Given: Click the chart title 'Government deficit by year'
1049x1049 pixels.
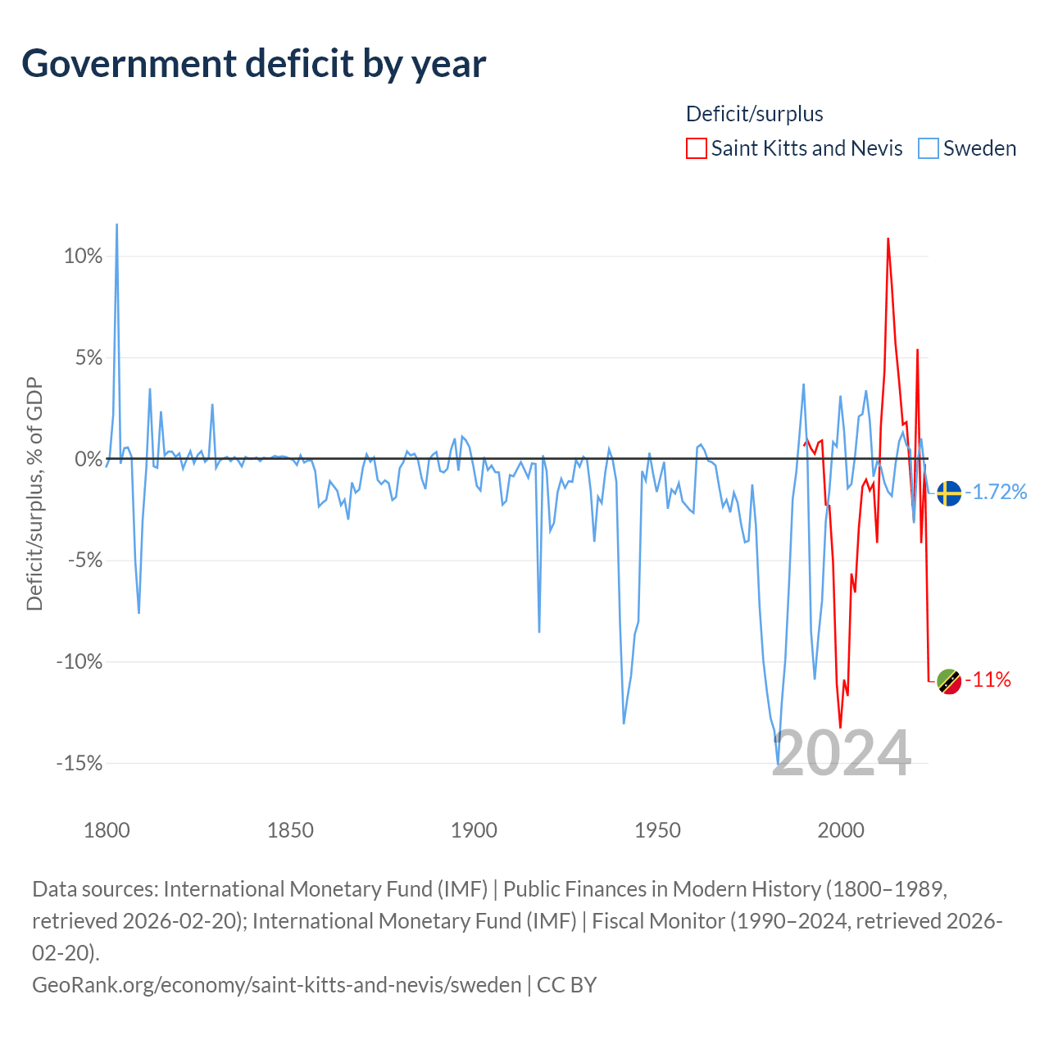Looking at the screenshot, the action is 253,64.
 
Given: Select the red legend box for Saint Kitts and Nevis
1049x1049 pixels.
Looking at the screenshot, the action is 697,148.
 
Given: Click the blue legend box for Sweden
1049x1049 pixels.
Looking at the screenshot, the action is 929,148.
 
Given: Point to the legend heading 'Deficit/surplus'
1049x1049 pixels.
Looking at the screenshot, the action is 754,114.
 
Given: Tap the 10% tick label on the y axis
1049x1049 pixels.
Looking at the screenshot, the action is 83,256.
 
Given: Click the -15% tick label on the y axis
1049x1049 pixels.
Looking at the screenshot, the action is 79,763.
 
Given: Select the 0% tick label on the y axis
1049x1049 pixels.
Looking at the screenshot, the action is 89,459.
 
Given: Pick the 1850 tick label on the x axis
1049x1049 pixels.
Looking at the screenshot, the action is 290,830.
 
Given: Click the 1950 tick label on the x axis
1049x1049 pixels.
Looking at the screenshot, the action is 657,830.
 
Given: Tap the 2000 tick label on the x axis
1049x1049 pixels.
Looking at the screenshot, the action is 841,830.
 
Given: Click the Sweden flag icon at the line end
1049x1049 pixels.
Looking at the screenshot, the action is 949,493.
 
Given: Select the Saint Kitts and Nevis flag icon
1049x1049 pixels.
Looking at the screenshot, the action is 949,681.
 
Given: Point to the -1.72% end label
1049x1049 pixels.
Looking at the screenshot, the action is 997,492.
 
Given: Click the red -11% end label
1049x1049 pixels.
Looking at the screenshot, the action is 988,680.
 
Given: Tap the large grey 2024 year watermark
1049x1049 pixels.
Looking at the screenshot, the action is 842,753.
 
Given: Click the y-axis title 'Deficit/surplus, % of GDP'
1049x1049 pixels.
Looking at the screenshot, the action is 35,493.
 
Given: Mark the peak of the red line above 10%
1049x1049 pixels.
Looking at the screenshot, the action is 888,239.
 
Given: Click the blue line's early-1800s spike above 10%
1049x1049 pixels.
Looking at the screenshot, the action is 116,225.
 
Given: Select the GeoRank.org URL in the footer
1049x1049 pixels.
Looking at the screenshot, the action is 276,985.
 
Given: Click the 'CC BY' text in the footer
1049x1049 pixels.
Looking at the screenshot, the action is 566,985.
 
